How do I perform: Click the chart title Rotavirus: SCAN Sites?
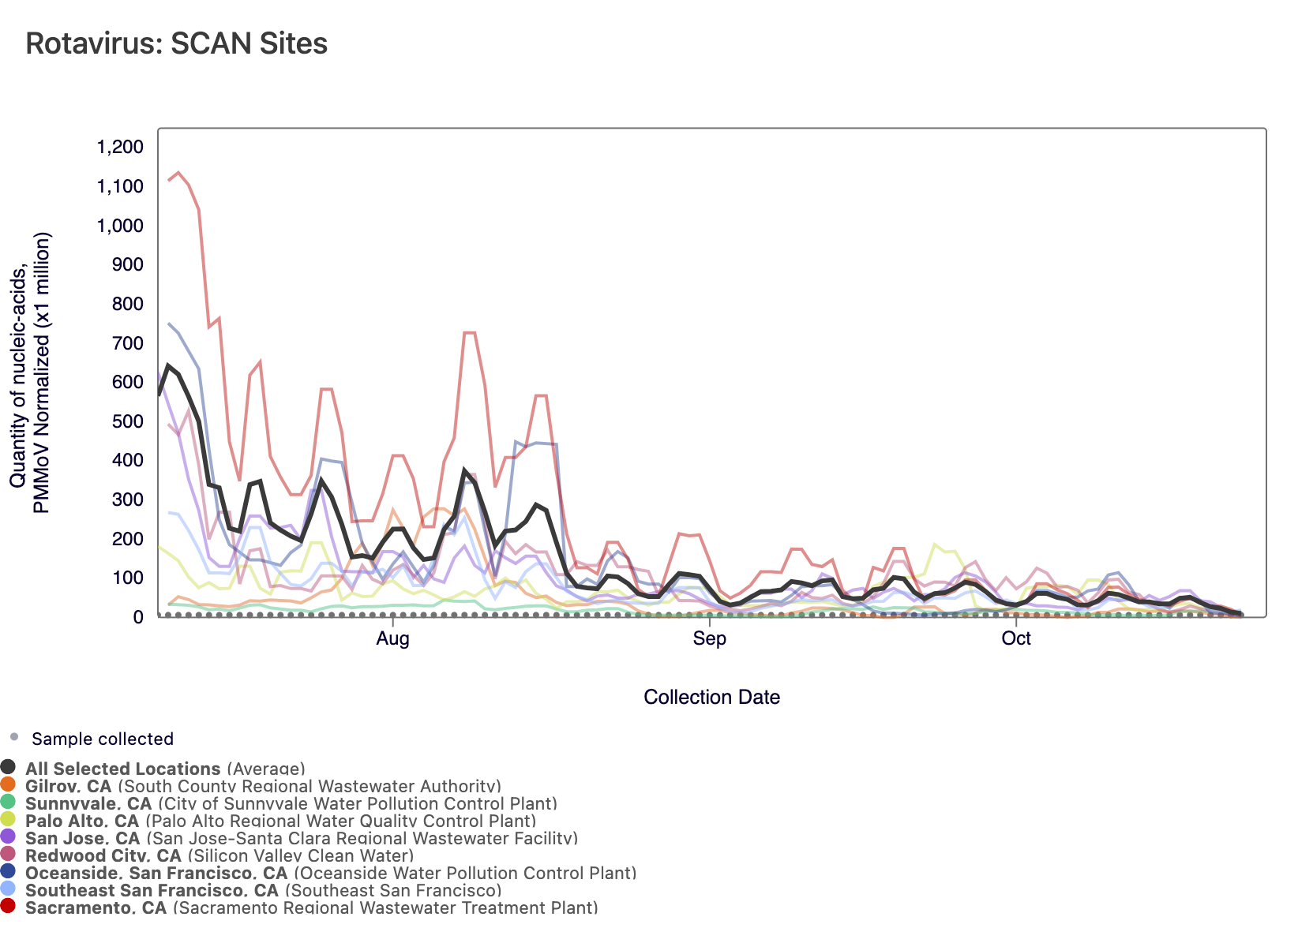coord(176,43)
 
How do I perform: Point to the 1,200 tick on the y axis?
coord(120,148)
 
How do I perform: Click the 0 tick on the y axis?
coord(137,617)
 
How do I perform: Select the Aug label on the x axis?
coord(392,638)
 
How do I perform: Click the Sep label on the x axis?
coord(709,638)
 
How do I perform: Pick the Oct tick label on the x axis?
coord(1016,638)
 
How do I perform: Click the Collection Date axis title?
coord(711,697)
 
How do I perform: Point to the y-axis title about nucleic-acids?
coord(30,372)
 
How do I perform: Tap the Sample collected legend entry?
coord(102,739)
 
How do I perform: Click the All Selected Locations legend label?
coord(122,769)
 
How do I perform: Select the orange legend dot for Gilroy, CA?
coord(9,784)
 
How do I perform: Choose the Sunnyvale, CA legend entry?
coord(88,803)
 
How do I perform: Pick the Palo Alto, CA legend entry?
coord(81,821)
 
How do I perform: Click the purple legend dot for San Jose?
coord(9,836)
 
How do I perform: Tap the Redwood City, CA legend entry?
coord(103,855)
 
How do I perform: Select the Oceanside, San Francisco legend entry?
coord(156,873)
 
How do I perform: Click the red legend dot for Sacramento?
coord(9,906)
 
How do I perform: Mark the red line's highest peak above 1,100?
coord(178,172)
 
